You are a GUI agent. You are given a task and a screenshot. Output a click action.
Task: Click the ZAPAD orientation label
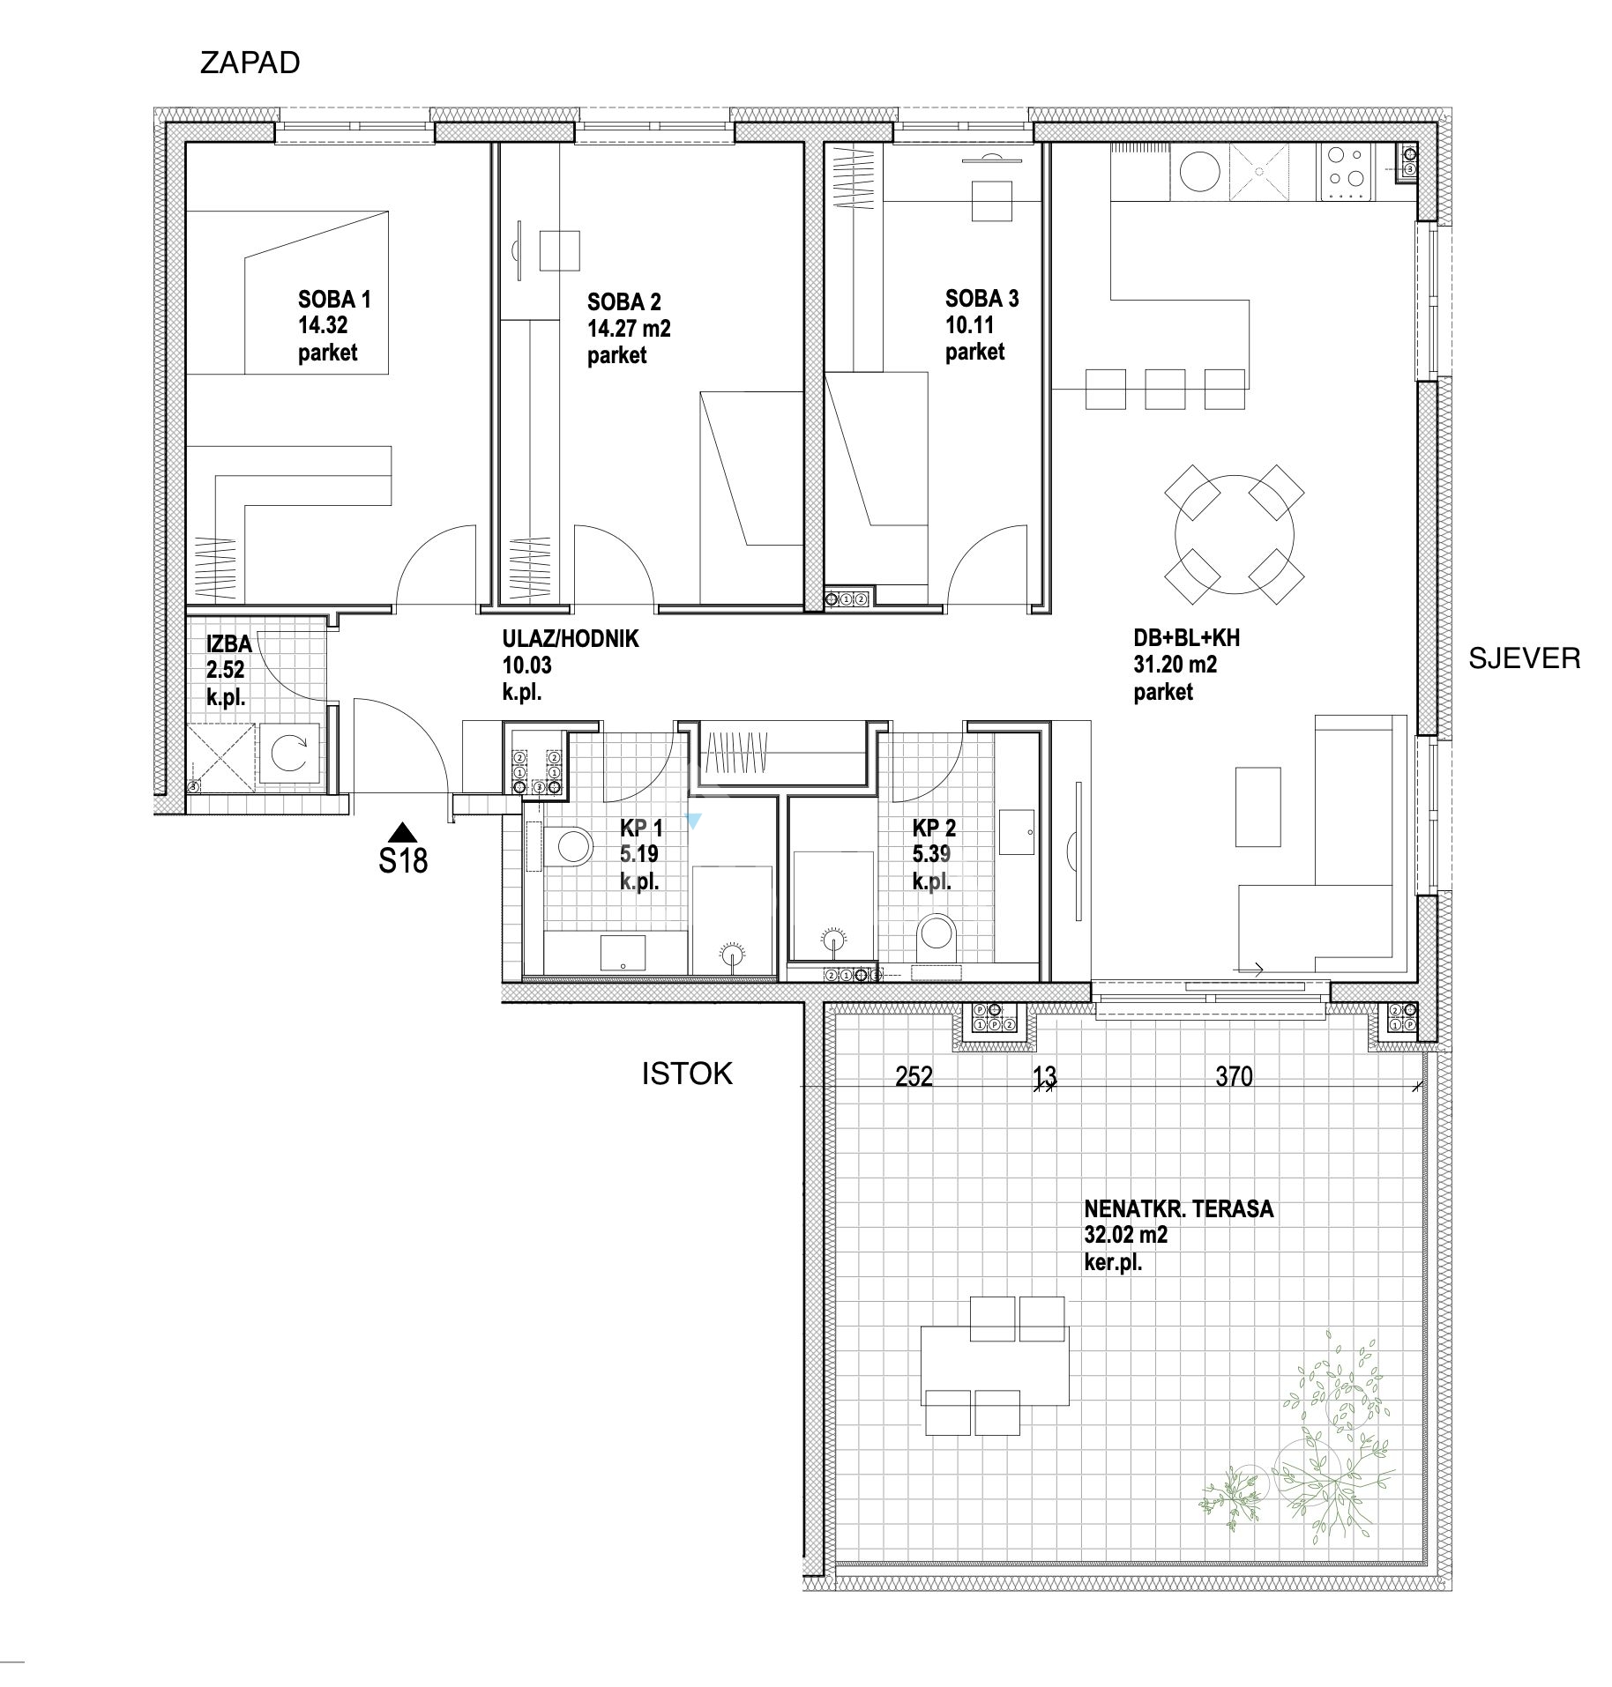250,63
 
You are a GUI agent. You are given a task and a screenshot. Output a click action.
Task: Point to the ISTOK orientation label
687,1073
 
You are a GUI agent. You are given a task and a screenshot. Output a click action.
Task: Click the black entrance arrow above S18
402,830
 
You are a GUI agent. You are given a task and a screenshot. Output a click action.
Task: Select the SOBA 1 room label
334,299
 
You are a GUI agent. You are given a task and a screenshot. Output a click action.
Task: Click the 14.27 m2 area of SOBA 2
629,329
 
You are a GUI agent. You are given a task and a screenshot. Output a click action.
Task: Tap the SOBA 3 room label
981,298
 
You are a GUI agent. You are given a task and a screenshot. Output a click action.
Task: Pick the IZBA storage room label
229,644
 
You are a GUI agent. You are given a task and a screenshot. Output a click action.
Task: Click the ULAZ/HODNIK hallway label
571,638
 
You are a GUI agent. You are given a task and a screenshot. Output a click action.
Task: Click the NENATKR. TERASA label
1179,1208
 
